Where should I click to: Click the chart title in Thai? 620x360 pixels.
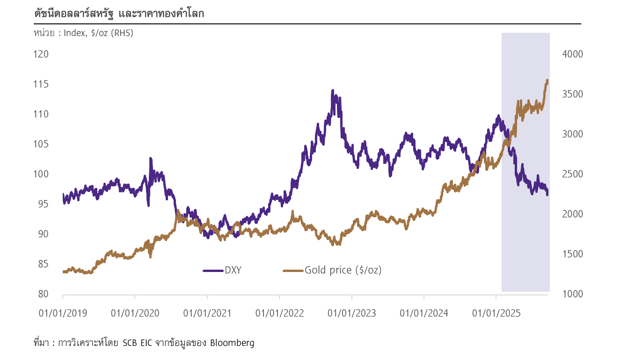(119, 14)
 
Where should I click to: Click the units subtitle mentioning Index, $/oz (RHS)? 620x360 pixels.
(83, 33)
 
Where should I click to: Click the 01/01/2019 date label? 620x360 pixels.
(63, 313)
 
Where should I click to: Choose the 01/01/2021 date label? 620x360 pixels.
(207, 313)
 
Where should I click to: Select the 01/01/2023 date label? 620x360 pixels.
(352, 313)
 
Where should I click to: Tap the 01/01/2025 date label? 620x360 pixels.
(496, 313)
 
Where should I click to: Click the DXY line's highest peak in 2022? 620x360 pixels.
(332, 90)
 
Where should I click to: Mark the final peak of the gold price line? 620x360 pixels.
(547, 80)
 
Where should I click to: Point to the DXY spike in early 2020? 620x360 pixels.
(151, 158)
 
